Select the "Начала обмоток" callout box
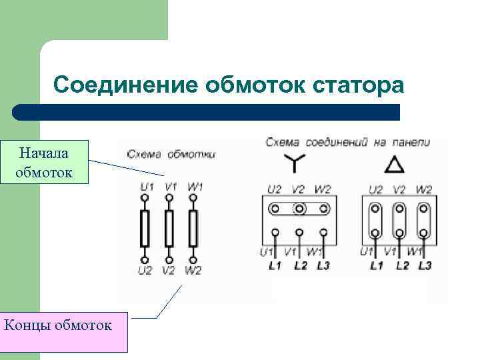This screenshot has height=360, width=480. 44,163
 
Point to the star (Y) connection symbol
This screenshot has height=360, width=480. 293,163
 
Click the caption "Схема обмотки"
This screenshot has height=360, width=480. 171,154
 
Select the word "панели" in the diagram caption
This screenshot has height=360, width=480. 409,142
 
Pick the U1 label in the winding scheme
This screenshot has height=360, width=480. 145,187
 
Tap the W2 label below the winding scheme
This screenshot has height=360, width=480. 193,271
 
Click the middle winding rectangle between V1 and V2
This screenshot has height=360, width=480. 169,228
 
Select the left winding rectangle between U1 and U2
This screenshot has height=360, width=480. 145,228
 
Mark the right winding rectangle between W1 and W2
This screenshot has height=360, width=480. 193,228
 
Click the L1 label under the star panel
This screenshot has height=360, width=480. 275,265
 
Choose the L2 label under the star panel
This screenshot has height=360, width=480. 299,265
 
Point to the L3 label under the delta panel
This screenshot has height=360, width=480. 425,265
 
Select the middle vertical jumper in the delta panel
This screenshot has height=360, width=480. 399,221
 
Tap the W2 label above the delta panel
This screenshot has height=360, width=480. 423,189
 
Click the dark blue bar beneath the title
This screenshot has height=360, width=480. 207,112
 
